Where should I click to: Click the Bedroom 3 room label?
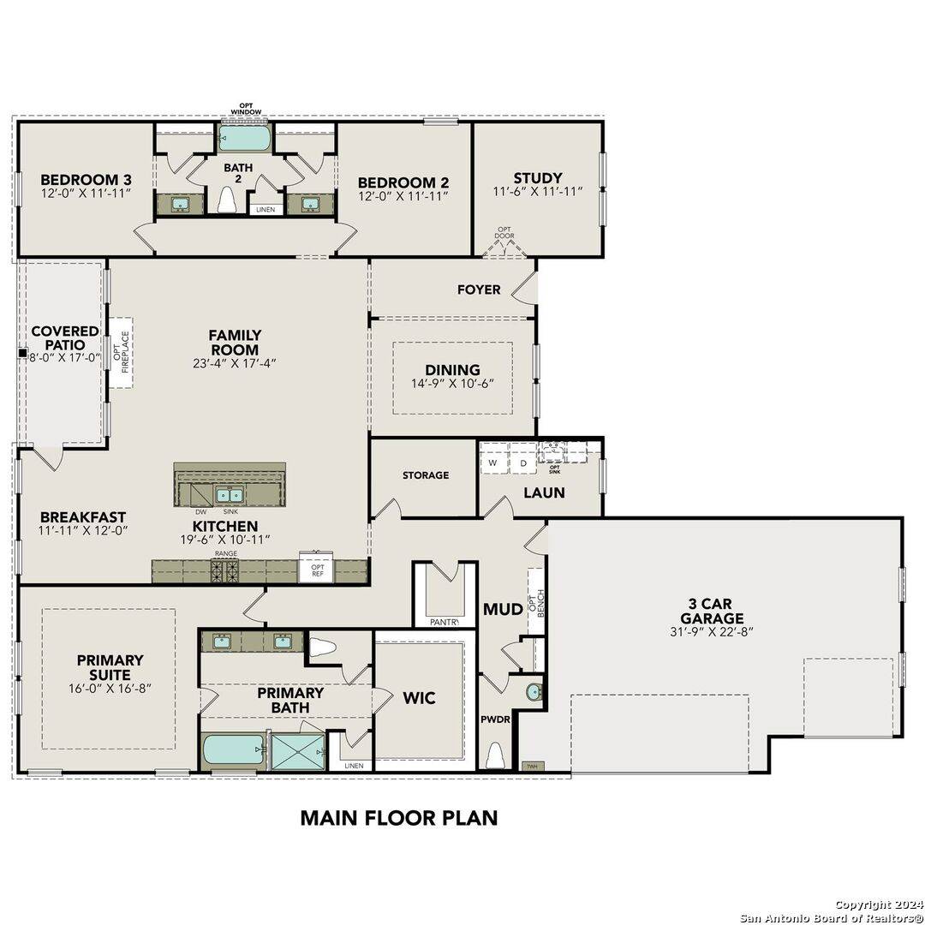tap(86, 179)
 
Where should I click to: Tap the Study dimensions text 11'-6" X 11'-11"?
tap(537, 193)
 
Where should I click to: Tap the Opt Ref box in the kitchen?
tap(317, 571)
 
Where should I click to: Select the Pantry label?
tap(444, 622)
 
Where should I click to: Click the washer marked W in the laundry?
tap(492, 463)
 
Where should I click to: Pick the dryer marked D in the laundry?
tap(522, 463)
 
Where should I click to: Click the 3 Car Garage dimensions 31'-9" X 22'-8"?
tap(712, 632)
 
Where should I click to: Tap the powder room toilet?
tap(495, 755)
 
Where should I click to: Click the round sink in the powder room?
tap(534, 691)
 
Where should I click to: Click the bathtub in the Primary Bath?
tap(234, 750)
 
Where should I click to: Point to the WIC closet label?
tap(419, 698)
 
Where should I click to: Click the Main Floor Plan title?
tap(398, 817)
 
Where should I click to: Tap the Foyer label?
tap(479, 289)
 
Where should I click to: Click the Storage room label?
tap(426, 474)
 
